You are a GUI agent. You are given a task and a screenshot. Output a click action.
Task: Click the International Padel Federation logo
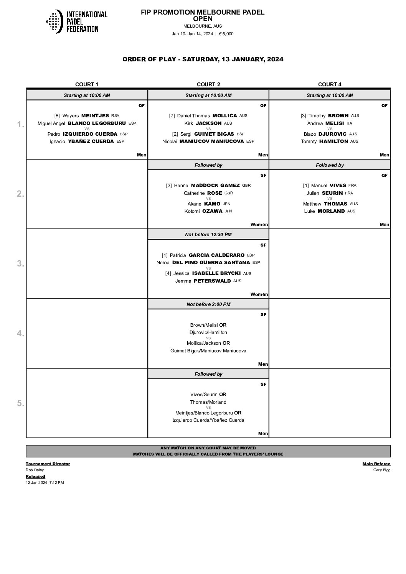76,21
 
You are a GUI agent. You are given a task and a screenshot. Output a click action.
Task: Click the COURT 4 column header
330,84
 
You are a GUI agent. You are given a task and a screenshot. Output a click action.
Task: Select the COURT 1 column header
87,84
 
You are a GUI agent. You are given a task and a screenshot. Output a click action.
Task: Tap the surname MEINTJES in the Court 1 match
95,116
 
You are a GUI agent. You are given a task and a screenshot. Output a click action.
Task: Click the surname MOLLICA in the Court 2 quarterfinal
224,116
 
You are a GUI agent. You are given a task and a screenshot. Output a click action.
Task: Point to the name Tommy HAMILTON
330,141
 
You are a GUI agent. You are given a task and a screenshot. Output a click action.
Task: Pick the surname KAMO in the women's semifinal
212,204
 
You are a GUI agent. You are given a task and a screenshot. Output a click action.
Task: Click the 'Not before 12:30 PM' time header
208,235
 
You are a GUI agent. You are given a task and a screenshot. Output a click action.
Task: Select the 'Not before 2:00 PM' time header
208,304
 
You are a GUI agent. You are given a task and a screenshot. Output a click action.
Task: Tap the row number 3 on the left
20,264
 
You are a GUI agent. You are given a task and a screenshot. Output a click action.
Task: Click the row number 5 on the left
20,403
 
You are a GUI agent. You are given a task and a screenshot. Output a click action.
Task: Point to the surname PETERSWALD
212,281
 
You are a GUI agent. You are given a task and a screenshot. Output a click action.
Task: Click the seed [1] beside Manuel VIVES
306,186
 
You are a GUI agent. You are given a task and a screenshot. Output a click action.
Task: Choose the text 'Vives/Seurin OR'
208,395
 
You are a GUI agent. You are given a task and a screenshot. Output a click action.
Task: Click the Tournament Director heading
48,464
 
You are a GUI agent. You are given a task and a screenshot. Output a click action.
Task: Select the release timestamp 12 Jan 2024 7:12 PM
45,483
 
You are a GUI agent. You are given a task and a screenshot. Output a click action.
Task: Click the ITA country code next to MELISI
349,123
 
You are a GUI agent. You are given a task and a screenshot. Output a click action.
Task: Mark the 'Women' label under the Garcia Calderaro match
259,294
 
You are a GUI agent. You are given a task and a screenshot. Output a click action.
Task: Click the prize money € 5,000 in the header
226,34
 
